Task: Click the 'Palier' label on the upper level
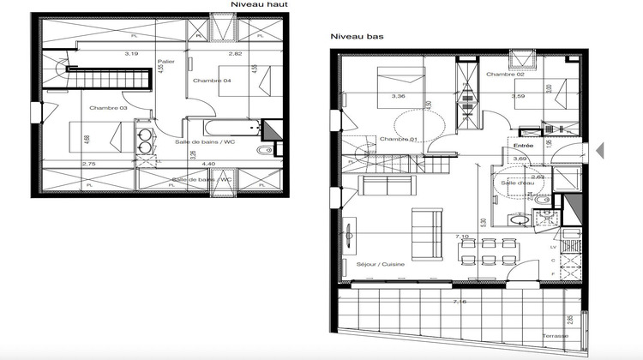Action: click(x=166, y=62)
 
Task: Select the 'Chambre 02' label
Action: click(x=505, y=75)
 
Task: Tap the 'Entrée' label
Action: click(x=523, y=146)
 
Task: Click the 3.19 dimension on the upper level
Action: click(x=131, y=54)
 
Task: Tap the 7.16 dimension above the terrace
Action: click(x=460, y=302)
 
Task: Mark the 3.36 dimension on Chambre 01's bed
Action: click(x=399, y=97)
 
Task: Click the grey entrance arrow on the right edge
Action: click(x=599, y=150)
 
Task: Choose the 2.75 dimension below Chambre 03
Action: click(x=88, y=163)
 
